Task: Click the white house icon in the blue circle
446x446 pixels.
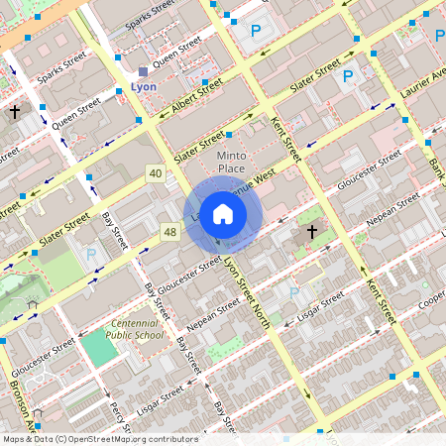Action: coord(223,214)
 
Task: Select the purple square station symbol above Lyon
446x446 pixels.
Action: coord(143,71)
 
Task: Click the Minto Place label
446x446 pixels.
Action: coord(230,163)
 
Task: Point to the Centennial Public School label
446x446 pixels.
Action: coord(137,329)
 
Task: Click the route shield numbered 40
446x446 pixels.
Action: coord(155,173)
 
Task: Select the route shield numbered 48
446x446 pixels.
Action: coord(170,232)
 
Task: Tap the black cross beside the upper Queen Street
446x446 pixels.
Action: coord(15,113)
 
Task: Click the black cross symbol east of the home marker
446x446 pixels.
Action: coord(311,232)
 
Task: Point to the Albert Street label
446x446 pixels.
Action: coord(196,100)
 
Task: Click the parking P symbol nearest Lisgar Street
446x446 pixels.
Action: coord(293,291)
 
